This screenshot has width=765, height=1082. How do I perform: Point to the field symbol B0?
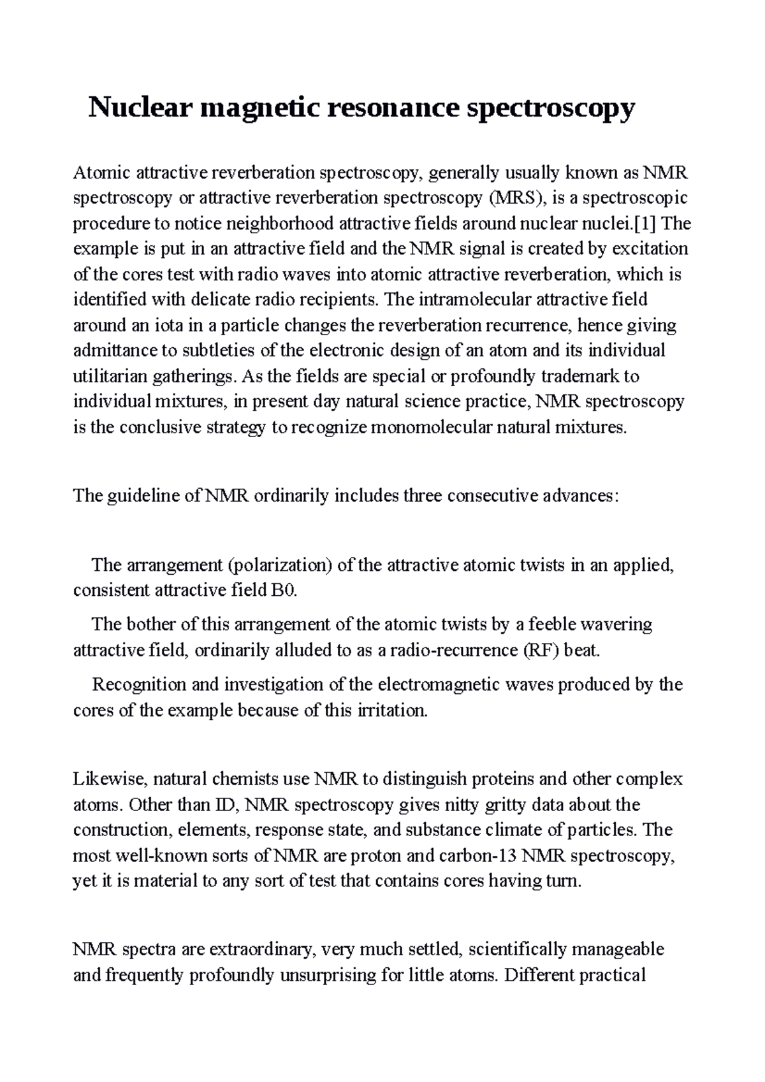[283, 591]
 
